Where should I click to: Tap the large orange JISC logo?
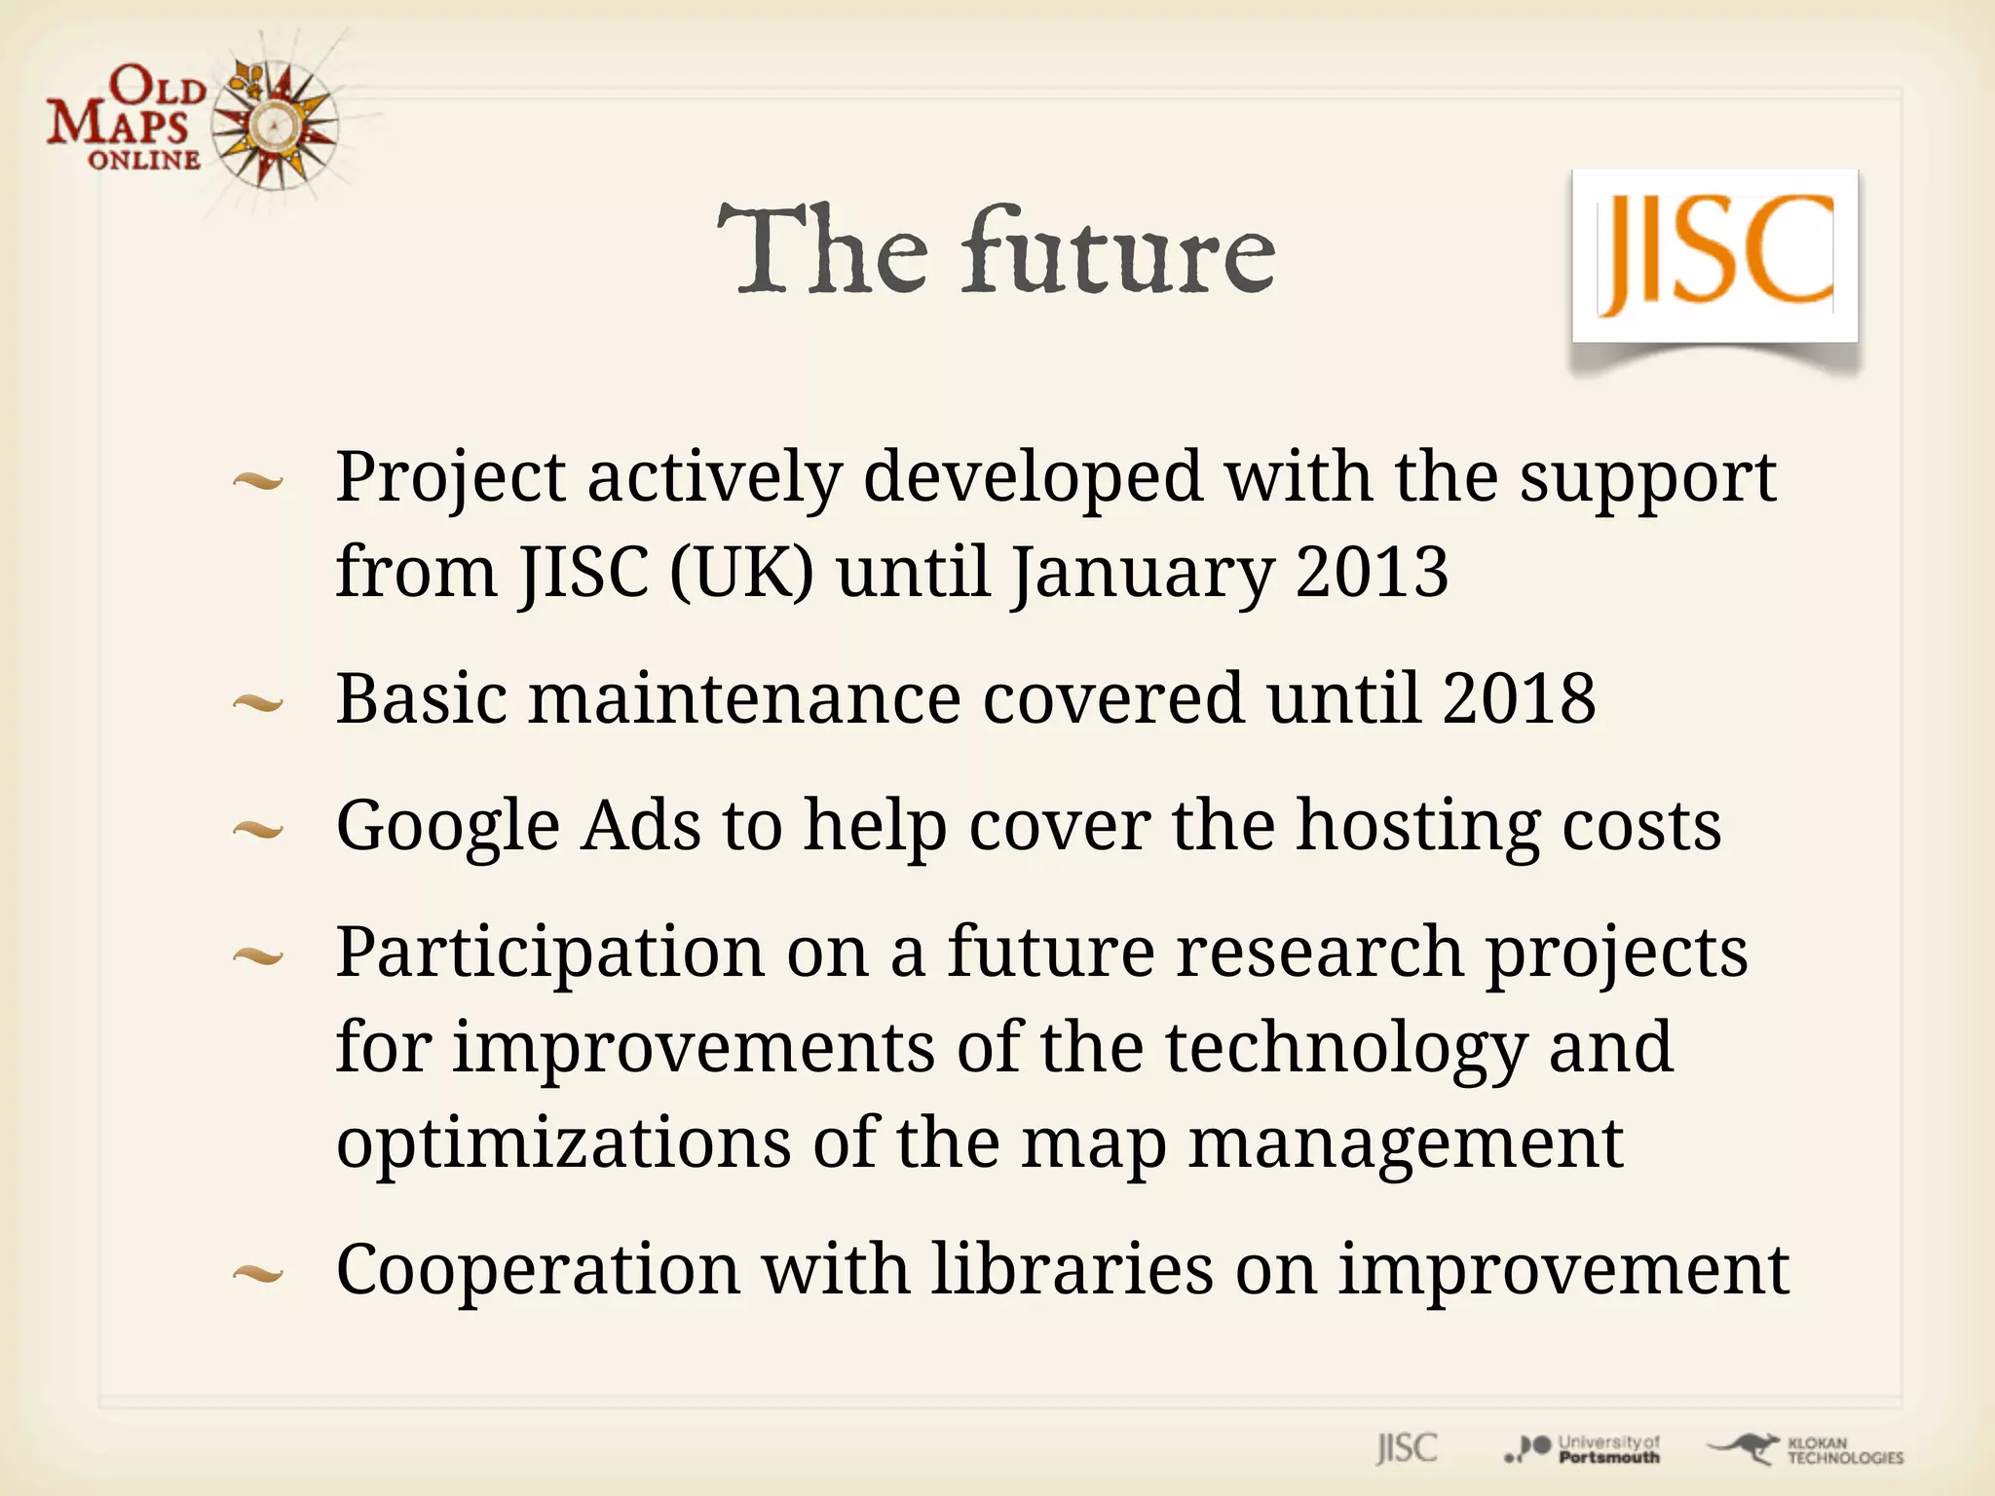[x=1714, y=255]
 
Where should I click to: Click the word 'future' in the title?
[x=1120, y=251]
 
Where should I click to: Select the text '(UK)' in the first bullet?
[x=741, y=573]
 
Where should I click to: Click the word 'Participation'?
[x=550, y=954]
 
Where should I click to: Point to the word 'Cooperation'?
[x=538, y=1271]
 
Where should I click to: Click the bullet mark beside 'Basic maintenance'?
[x=258, y=703]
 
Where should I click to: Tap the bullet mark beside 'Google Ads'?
[x=258, y=830]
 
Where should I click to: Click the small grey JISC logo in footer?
[x=1407, y=1448]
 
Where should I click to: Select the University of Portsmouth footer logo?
[x=1583, y=1449]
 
